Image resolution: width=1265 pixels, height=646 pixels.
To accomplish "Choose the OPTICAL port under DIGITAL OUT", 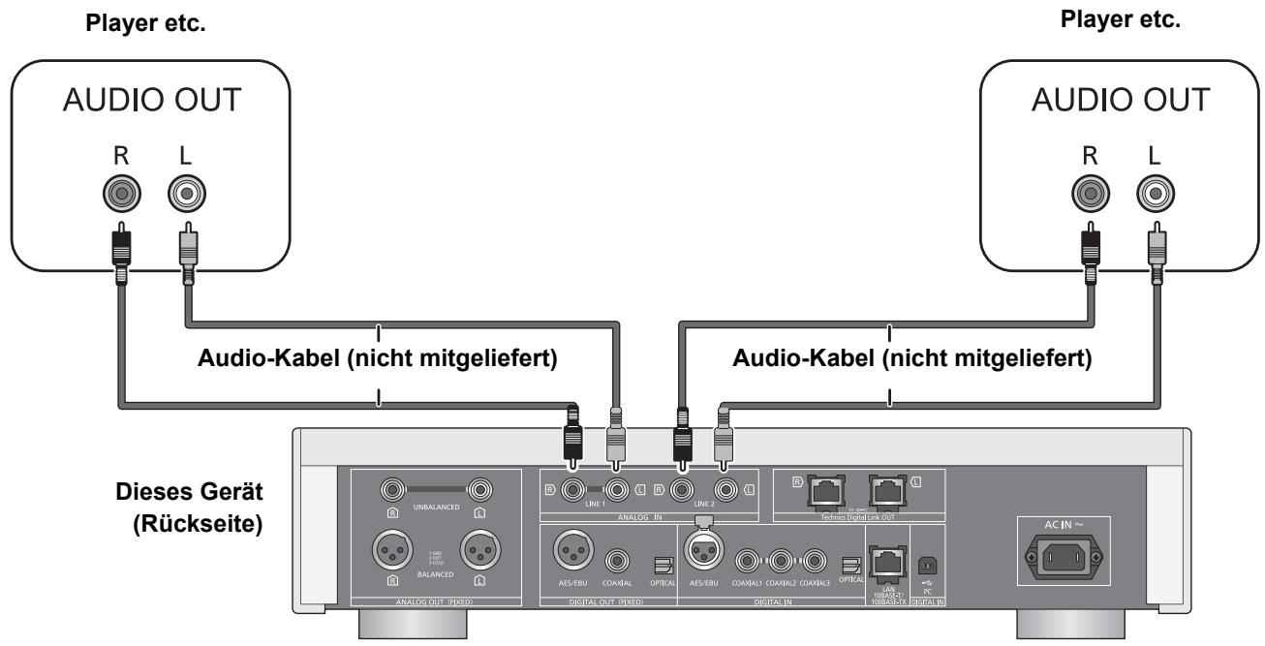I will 663,563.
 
